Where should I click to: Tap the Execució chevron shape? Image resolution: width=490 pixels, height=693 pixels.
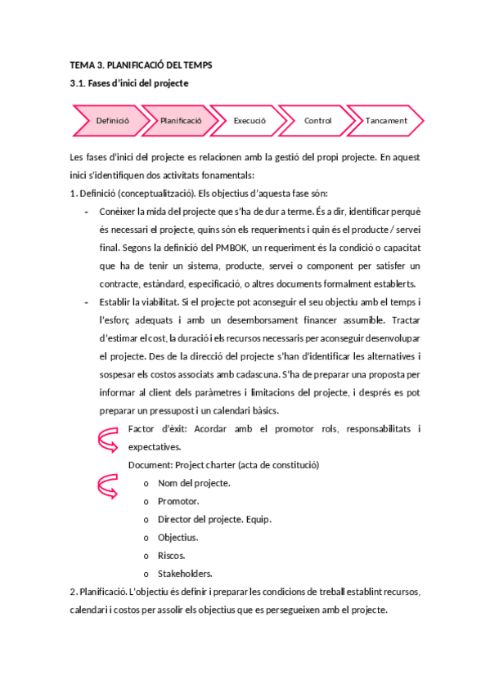(249, 120)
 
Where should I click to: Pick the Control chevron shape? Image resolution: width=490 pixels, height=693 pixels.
(317, 120)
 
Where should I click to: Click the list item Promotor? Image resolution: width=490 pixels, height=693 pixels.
(178, 501)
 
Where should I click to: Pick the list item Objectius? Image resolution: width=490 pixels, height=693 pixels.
(178, 537)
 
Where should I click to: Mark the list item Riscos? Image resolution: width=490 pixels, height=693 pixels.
(172, 555)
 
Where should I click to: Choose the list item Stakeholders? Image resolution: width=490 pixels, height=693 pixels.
(185, 573)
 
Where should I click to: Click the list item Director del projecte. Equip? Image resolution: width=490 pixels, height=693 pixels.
(214, 519)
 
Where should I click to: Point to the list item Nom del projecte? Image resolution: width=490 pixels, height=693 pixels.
(194, 483)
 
